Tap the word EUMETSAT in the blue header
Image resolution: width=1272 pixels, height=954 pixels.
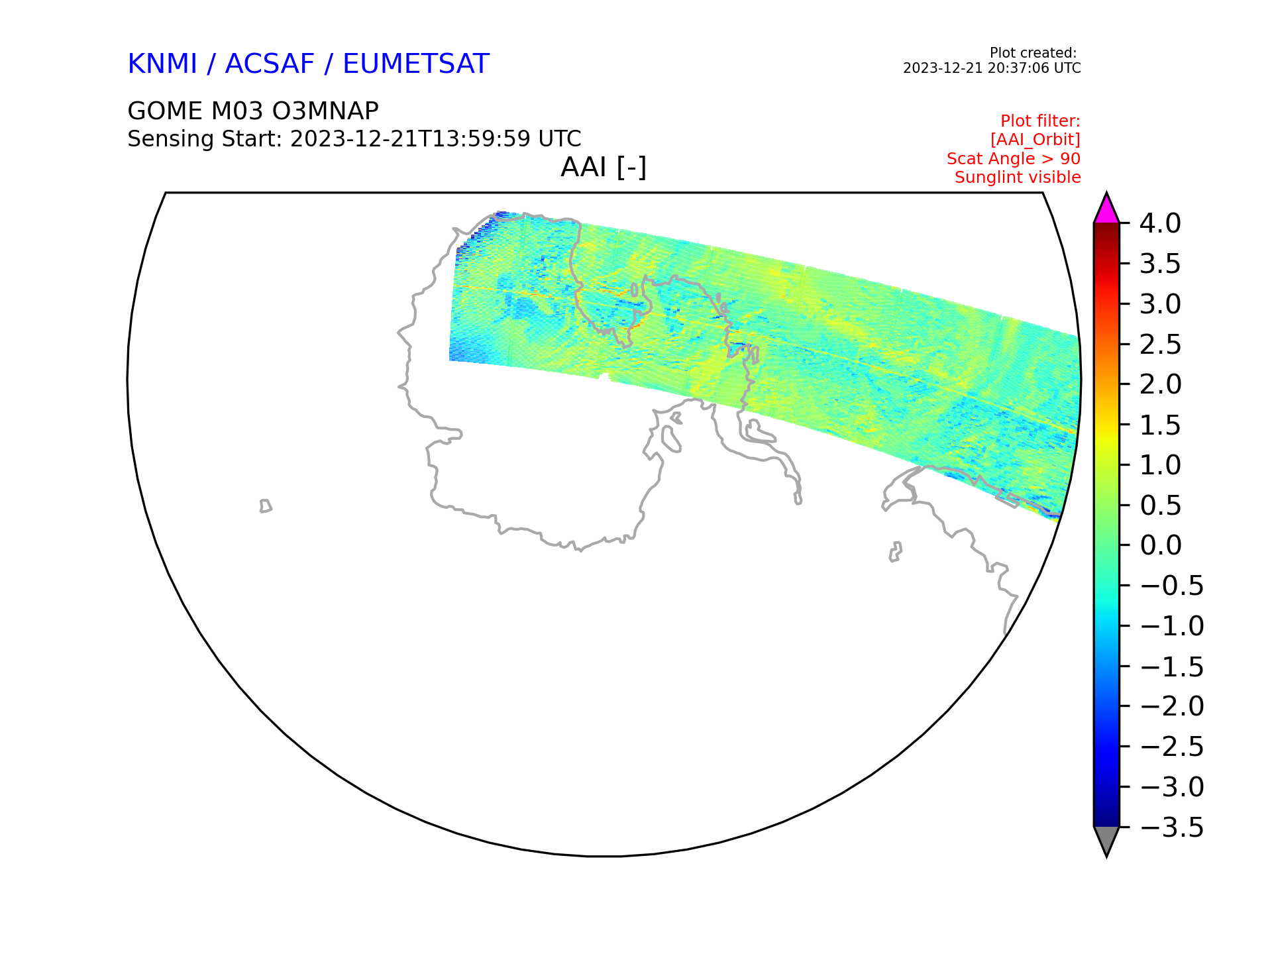coord(416,64)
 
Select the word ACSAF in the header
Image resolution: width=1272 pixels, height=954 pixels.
coord(270,64)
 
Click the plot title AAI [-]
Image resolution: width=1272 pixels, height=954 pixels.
coord(604,167)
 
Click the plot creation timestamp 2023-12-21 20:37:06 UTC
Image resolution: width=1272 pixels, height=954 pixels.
coord(992,68)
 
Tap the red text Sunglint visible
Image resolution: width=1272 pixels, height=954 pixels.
coord(1018,178)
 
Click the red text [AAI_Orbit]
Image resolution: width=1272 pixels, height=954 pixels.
coord(1035,140)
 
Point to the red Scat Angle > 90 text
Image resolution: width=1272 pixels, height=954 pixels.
coord(1014,159)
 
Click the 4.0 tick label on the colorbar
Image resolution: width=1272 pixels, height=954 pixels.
coord(1160,223)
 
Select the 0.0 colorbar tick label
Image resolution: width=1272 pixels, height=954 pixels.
coord(1161,545)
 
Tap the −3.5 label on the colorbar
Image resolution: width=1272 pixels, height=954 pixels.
coord(1171,827)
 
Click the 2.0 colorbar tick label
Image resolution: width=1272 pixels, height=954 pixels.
coord(1161,384)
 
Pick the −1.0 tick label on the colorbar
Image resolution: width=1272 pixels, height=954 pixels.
coord(1171,626)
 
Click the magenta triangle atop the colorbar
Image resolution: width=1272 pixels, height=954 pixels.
coord(1106,211)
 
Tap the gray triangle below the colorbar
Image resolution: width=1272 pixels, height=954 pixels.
coord(1106,839)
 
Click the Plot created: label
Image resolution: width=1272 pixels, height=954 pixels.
coord(1033,53)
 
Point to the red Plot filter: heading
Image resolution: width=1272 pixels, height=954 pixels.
coord(1040,121)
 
